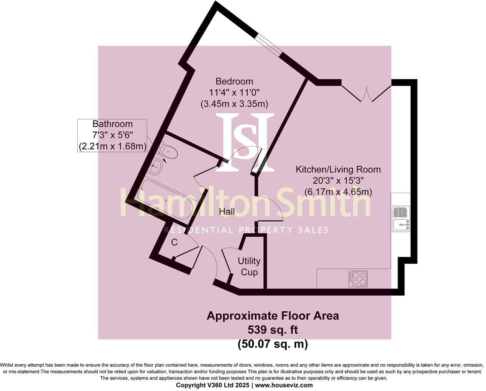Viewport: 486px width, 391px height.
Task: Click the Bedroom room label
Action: [234, 81]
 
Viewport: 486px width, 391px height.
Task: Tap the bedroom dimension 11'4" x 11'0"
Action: [234, 92]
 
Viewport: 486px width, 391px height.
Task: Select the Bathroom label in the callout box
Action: [112, 124]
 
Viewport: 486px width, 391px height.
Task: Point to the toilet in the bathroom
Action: [168, 151]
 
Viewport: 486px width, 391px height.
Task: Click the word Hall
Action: [227, 211]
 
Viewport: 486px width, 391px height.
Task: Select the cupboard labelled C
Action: [174, 242]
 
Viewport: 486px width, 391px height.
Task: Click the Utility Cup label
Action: [249, 266]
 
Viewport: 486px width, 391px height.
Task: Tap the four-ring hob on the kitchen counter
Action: [358, 279]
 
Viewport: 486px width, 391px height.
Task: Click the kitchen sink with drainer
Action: [401, 219]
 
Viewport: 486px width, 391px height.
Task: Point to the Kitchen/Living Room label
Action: [338, 169]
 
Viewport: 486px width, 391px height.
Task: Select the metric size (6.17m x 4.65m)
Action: [338, 192]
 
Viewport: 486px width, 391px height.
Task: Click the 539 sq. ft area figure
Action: [273, 330]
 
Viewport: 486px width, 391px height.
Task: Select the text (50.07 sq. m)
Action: [273, 344]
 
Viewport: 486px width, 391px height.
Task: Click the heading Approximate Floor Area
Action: [273, 316]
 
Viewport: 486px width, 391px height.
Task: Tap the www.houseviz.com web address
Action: [284, 385]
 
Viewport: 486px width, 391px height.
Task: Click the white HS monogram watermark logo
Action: [245, 142]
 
